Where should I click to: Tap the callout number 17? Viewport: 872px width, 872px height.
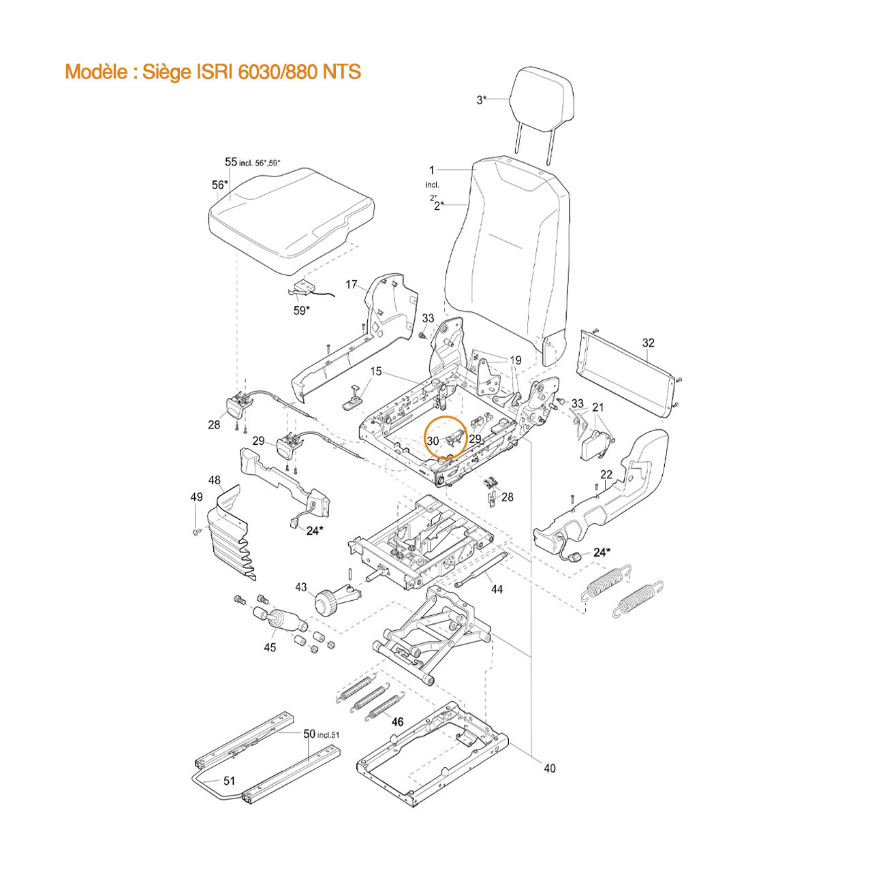click(x=351, y=285)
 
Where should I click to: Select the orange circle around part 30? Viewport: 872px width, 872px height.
click(x=446, y=437)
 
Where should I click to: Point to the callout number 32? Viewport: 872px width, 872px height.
click(x=649, y=343)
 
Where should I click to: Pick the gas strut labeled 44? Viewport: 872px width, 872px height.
click(x=480, y=569)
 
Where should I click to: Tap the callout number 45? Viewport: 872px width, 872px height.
click(x=270, y=648)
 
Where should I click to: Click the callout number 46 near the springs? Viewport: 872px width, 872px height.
click(x=397, y=721)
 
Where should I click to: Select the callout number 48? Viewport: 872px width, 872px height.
click(x=215, y=480)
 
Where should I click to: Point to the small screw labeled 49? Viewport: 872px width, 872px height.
click(x=196, y=531)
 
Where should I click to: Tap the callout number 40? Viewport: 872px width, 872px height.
click(x=549, y=768)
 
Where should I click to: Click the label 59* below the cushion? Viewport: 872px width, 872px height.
click(x=302, y=311)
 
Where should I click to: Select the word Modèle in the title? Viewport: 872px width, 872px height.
click(x=96, y=72)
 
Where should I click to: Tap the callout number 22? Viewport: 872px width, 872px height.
click(x=606, y=474)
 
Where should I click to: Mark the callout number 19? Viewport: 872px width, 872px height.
click(x=516, y=360)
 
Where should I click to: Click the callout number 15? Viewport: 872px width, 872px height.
click(x=376, y=371)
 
